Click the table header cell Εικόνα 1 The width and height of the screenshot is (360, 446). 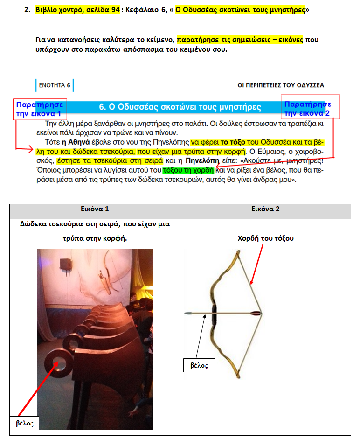coord(95,209)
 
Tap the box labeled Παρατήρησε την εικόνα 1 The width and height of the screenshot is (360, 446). coord(40,109)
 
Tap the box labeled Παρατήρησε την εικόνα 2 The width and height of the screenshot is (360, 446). coord(309,108)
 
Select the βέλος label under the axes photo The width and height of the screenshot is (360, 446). coord(24,423)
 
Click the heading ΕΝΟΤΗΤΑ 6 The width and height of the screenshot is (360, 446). coord(55,85)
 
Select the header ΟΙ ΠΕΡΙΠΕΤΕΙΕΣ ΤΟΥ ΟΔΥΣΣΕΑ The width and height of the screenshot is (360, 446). coord(281,85)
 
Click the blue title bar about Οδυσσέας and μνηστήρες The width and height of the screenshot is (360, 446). coord(180,107)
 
